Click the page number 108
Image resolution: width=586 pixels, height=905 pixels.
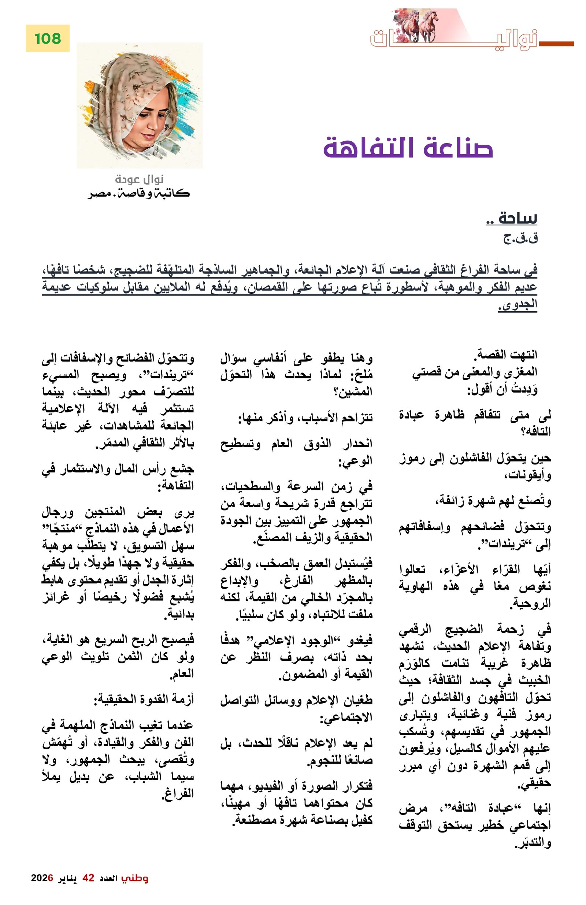(48, 38)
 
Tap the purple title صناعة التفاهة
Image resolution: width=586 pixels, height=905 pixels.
(408, 148)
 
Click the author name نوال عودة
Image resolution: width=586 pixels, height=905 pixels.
(139, 179)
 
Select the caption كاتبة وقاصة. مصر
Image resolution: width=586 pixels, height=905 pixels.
(139, 193)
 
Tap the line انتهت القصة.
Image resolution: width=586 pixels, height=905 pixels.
(505, 355)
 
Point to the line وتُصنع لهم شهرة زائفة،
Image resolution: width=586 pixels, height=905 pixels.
(493, 501)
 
